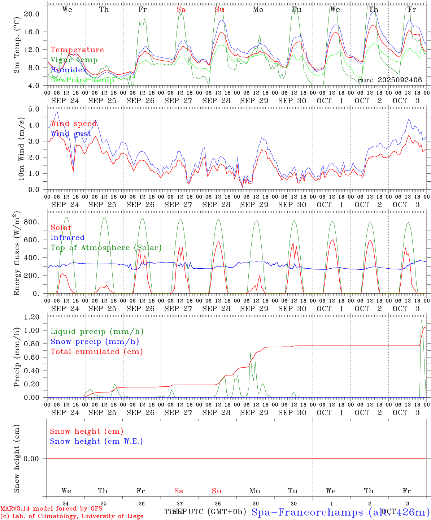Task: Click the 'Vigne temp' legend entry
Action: tap(74, 60)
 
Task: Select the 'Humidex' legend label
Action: tap(69, 70)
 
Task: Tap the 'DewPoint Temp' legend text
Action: tap(82, 80)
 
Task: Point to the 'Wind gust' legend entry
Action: tap(71, 134)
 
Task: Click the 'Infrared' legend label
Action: tap(68, 238)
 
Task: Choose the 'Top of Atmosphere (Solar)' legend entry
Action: tap(106, 248)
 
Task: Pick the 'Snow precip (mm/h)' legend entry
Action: tap(95, 342)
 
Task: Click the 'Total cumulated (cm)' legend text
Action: tap(96, 351)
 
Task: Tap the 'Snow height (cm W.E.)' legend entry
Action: tap(96, 441)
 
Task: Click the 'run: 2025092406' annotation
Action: tap(390, 80)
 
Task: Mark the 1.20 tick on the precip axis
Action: tap(32, 317)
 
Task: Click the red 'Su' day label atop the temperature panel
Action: tap(219, 10)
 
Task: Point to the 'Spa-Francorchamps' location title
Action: tap(307, 512)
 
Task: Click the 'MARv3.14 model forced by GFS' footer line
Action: tap(51, 509)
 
